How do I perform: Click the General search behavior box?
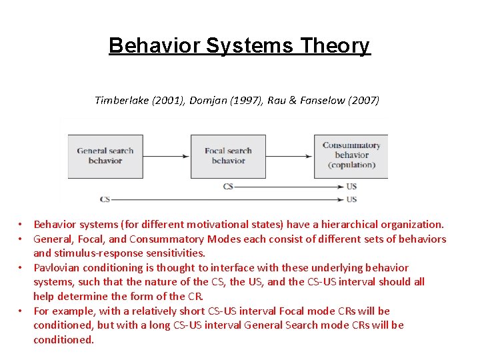click(x=105, y=156)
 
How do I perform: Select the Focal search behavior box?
click(x=228, y=156)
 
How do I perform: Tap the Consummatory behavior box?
click(x=351, y=155)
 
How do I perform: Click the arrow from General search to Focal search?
click(x=167, y=156)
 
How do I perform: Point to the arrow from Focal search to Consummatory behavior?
click(x=289, y=156)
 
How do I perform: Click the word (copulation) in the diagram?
click(x=351, y=165)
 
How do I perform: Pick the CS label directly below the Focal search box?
click(x=228, y=187)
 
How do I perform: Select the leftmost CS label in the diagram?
click(x=105, y=199)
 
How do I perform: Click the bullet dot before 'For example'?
click(x=21, y=311)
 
